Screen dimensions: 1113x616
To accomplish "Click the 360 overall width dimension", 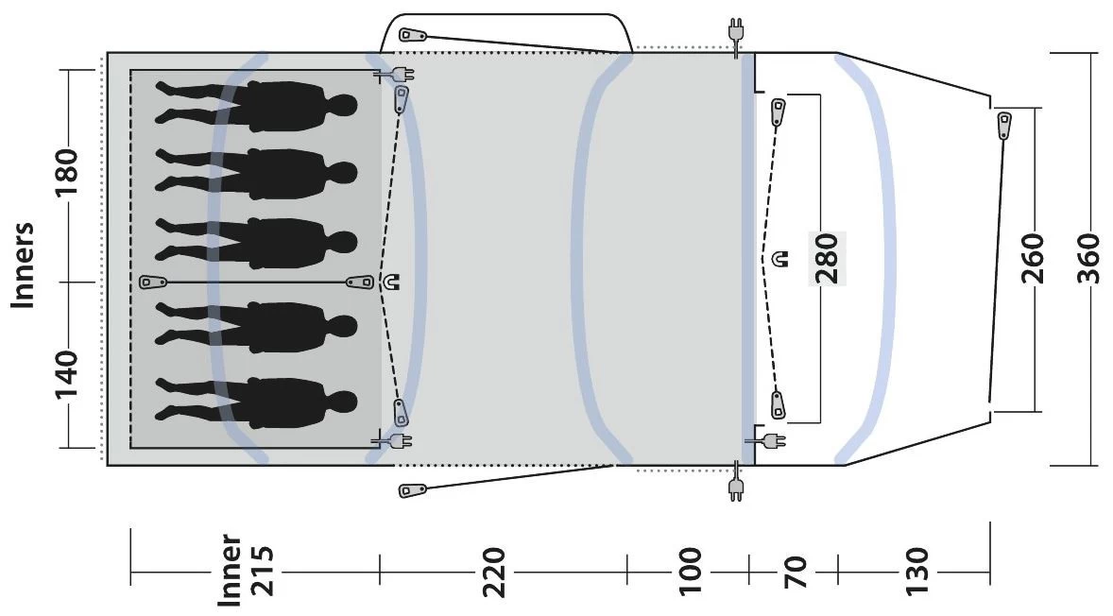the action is click(x=1087, y=258).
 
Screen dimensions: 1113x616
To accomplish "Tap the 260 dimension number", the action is click(x=1033, y=258).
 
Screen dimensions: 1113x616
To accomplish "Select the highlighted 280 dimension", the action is click(x=828, y=258).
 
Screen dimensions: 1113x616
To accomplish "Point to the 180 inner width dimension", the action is click(x=67, y=175).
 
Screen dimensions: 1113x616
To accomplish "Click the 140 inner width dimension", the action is click(x=67, y=375).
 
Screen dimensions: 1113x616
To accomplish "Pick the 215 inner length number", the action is click(x=260, y=571).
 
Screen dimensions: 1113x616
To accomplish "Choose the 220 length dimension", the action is click(x=494, y=572).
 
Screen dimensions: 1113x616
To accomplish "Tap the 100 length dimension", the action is click(x=689, y=572).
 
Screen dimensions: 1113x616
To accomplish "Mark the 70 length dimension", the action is click(x=795, y=572).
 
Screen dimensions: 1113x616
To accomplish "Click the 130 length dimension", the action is click(x=916, y=572).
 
